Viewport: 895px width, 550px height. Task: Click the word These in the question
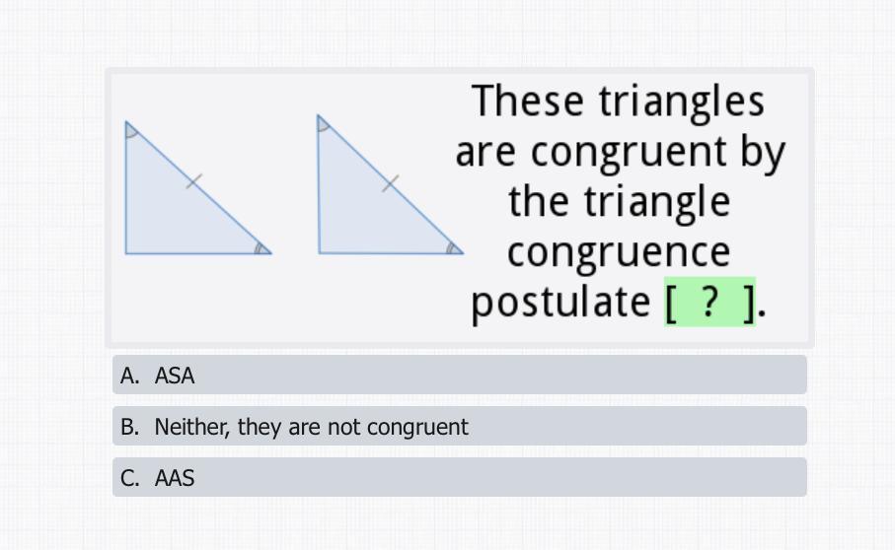pos(528,101)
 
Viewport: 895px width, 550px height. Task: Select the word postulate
pos(560,302)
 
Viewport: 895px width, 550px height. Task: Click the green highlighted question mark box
pos(709,302)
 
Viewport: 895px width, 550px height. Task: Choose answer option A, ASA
pos(460,375)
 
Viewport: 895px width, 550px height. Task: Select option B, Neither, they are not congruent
pos(460,427)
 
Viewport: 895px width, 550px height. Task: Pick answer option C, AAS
pos(460,477)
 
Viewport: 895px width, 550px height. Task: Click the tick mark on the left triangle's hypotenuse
pos(194,181)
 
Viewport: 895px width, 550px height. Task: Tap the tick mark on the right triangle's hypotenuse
pos(391,183)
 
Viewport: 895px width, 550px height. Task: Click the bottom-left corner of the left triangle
pos(125,253)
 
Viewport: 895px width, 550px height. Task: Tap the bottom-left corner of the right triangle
pos(319,253)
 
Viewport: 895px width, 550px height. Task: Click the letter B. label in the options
pos(129,427)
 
